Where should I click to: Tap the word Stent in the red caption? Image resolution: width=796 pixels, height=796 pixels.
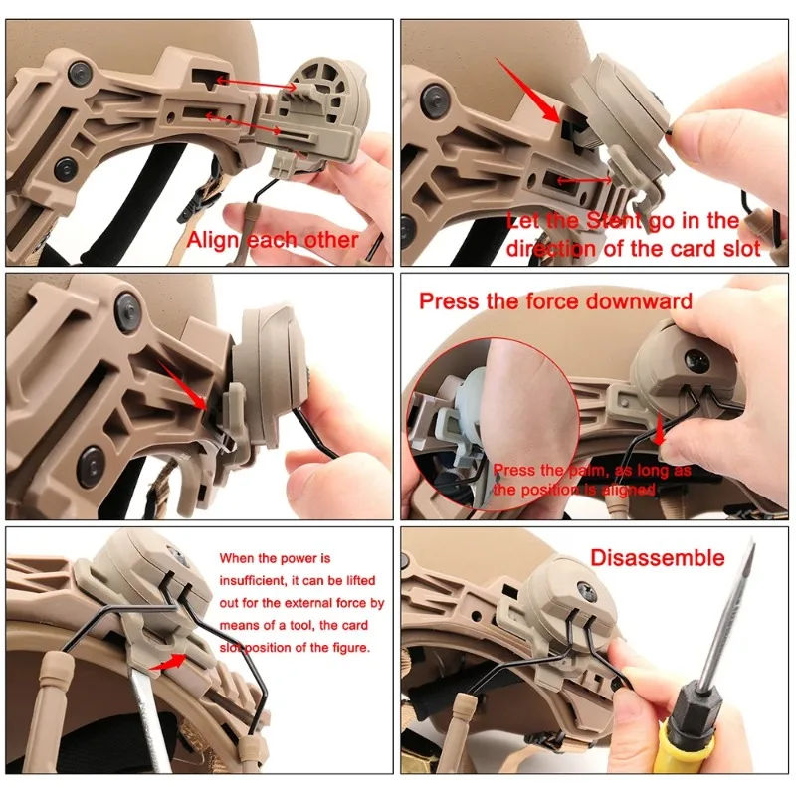point(614,221)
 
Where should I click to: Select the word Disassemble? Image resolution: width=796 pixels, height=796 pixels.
point(658,558)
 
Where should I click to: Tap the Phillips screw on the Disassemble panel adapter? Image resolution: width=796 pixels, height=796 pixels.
point(585,590)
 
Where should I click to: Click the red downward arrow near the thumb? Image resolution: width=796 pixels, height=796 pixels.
point(660,429)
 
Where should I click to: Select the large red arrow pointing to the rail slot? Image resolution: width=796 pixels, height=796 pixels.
point(528,91)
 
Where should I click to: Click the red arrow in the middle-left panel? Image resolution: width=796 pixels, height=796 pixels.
point(183,385)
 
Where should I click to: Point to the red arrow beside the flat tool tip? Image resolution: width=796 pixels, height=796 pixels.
point(168,662)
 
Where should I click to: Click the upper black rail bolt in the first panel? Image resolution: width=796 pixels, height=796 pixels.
point(80,72)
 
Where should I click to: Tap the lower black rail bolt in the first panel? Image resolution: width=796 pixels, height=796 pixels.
point(66,167)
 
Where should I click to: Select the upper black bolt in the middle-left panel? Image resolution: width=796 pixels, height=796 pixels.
point(128,307)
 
